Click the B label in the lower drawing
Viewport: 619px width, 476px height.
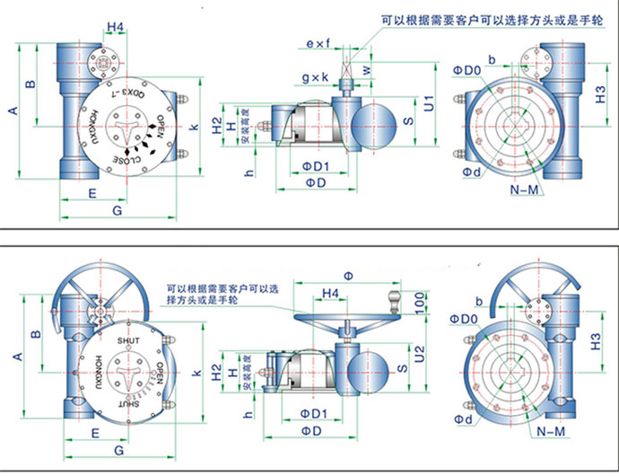click(35, 334)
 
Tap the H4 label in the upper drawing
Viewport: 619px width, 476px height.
click(115, 28)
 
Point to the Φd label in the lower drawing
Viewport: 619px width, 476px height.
click(466, 419)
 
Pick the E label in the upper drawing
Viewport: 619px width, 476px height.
click(92, 192)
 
